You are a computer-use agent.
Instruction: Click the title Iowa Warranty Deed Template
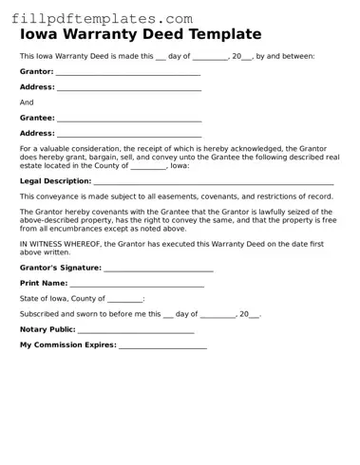(x=140, y=35)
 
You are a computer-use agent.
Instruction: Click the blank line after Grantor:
(x=127, y=73)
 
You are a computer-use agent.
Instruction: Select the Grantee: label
(x=37, y=118)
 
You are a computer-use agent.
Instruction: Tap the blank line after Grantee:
(x=129, y=120)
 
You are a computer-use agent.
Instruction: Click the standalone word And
(x=27, y=102)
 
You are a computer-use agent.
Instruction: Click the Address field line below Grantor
(x=129, y=88)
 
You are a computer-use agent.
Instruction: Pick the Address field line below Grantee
(x=129, y=135)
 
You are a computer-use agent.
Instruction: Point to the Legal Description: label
(x=55, y=180)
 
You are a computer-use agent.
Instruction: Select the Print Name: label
(x=44, y=283)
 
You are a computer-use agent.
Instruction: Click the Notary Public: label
(x=47, y=329)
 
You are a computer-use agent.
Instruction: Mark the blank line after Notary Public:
(x=136, y=331)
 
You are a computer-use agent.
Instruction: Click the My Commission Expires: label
(x=67, y=344)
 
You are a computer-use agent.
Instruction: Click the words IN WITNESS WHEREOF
(x=61, y=244)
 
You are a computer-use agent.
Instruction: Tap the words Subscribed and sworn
(x=55, y=314)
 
